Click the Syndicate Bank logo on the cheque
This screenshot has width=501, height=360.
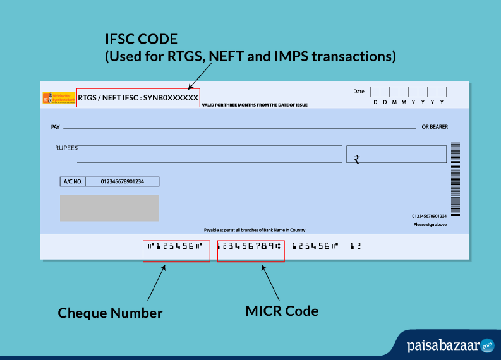pos(58,98)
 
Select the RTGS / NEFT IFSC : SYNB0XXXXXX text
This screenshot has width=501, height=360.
pos(138,97)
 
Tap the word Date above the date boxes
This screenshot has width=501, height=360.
pos(359,92)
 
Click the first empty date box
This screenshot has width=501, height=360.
pos(375,92)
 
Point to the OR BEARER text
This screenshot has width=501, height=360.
pos(435,127)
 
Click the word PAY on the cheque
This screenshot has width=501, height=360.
pos(55,127)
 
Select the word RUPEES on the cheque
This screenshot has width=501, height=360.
pos(66,147)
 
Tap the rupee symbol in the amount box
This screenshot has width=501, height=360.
pos(357,159)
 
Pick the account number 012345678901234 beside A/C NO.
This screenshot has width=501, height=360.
pos(123,181)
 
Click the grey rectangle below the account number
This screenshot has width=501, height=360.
pos(109,208)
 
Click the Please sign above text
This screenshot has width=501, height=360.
pos(430,224)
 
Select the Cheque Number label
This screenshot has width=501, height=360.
pos(110,313)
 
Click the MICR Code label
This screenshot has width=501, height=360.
pos(282,311)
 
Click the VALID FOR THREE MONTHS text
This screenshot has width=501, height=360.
pos(255,105)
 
